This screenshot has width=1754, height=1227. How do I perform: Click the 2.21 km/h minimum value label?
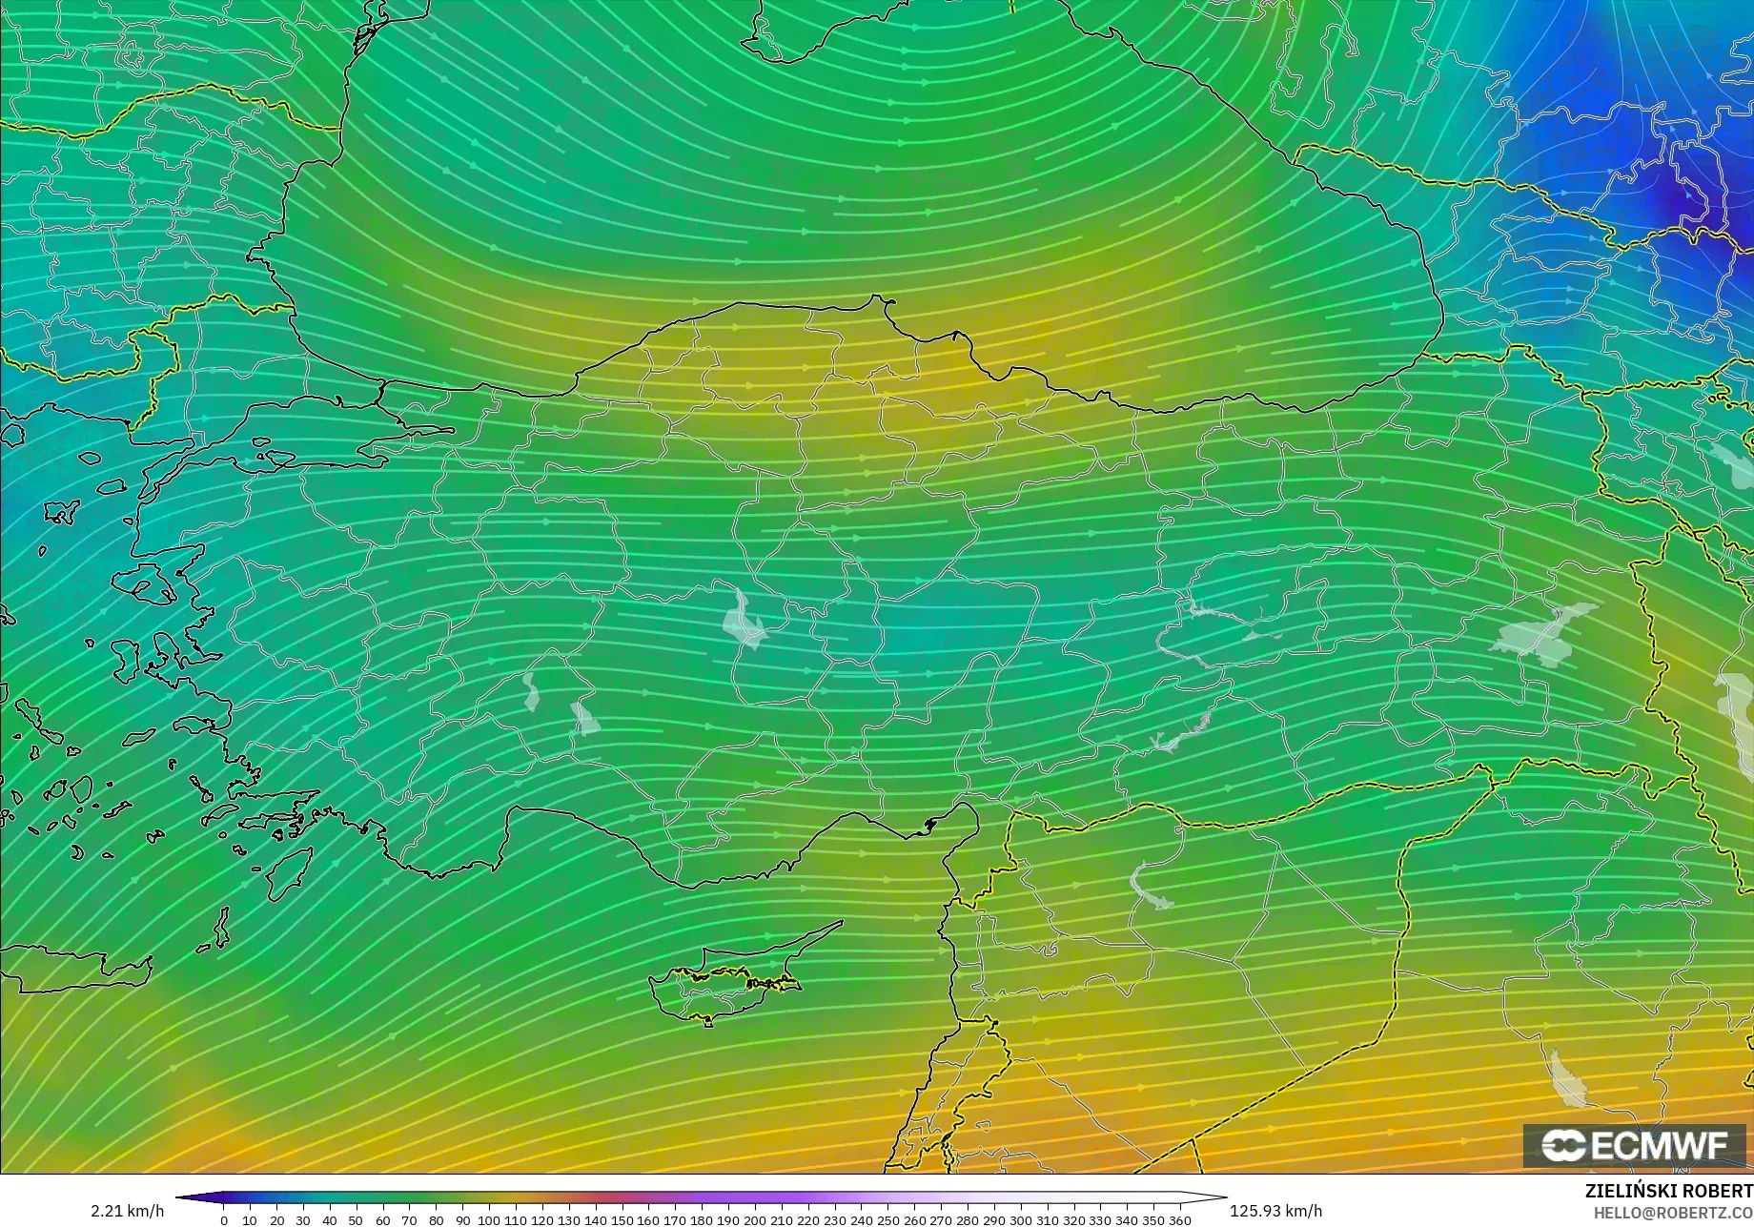[x=127, y=1211]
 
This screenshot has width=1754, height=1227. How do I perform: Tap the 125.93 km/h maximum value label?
[x=1275, y=1211]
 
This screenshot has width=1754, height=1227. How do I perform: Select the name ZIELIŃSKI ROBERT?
[x=1668, y=1191]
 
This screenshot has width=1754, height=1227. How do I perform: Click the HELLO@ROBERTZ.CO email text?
[x=1673, y=1212]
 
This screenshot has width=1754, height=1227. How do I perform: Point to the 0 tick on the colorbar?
[x=224, y=1219]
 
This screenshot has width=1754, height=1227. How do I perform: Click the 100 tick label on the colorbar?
[x=489, y=1219]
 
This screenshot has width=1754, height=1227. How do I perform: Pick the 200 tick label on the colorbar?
[x=754, y=1219]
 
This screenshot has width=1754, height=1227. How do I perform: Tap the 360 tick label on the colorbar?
[x=1179, y=1219]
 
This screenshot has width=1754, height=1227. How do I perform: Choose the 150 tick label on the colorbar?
[x=622, y=1219]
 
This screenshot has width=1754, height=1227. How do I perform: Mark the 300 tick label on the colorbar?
[x=1020, y=1219]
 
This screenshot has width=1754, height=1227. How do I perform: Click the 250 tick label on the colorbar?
[x=887, y=1219]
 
